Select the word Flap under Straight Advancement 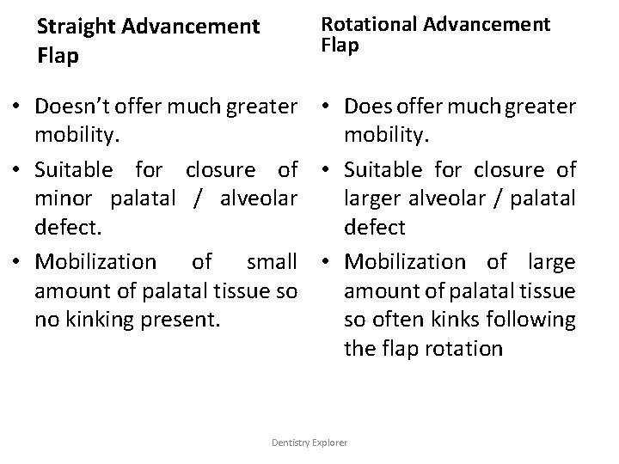[58, 58]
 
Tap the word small [271, 260]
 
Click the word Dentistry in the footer [291, 442]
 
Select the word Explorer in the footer [331, 442]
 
